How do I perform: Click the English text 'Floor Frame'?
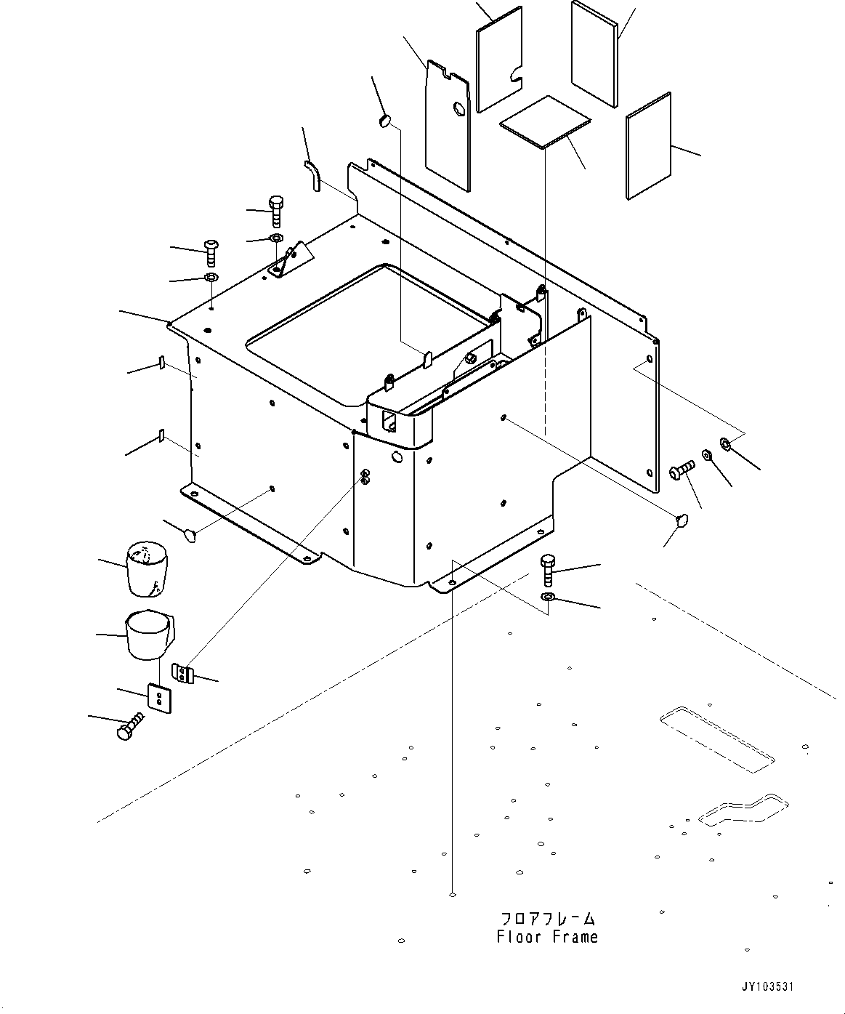point(547,937)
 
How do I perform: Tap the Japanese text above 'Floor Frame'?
point(547,919)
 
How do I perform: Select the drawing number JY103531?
point(767,986)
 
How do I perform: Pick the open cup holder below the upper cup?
point(149,635)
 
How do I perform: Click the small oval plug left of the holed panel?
point(385,120)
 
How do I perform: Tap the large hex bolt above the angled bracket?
point(275,210)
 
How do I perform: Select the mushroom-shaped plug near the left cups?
point(190,536)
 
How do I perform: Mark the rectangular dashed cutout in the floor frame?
point(716,738)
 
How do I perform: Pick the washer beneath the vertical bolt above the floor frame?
point(549,597)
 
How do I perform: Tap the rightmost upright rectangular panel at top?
point(649,146)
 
